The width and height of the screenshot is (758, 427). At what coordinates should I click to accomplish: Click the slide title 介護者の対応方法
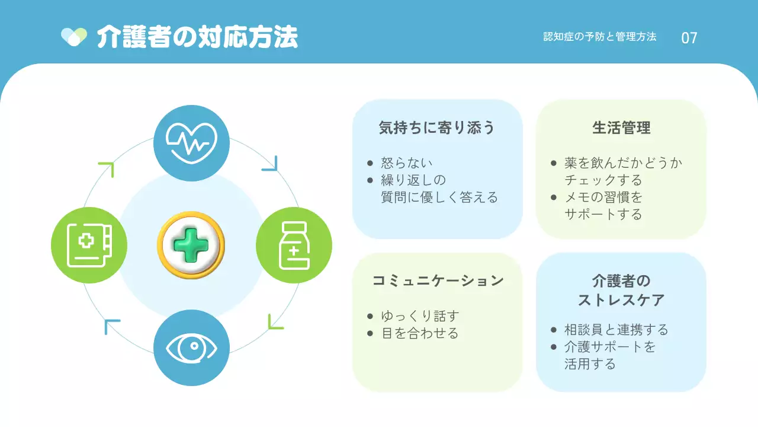pyautogui.click(x=197, y=37)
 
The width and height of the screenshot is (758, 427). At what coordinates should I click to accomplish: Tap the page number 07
pyautogui.click(x=689, y=38)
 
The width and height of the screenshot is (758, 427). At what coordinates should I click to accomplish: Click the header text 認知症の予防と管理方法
pyautogui.click(x=600, y=37)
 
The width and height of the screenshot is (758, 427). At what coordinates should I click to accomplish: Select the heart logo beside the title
pyautogui.click(x=74, y=37)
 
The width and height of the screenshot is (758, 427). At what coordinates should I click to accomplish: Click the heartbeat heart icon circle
pyautogui.click(x=191, y=143)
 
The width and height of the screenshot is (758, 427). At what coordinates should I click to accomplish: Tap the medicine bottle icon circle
pyautogui.click(x=294, y=245)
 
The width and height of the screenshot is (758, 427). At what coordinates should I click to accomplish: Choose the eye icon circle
pyautogui.click(x=191, y=348)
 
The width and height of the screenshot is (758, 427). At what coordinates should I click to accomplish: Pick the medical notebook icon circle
pyautogui.click(x=89, y=245)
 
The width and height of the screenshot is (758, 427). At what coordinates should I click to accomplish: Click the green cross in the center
pyautogui.click(x=191, y=246)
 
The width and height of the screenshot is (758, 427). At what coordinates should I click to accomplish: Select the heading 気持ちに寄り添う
pyautogui.click(x=437, y=128)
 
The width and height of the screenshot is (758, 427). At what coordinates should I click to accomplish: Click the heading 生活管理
pyautogui.click(x=621, y=128)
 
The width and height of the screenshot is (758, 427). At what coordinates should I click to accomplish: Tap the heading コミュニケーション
pyautogui.click(x=437, y=281)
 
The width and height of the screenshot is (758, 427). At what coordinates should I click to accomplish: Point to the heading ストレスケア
pyautogui.click(x=621, y=300)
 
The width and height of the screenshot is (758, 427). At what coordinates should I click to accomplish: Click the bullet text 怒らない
pyautogui.click(x=407, y=163)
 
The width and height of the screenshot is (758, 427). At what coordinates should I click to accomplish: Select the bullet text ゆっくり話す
pyautogui.click(x=420, y=316)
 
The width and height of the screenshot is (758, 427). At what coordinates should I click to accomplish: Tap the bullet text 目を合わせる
pyautogui.click(x=420, y=333)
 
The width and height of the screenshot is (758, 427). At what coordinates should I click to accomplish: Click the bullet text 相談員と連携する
pyautogui.click(x=616, y=330)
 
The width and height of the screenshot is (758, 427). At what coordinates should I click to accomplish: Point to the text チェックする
pyautogui.click(x=603, y=180)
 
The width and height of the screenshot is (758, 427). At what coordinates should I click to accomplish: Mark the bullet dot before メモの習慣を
pyautogui.click(x=554, y=197)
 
